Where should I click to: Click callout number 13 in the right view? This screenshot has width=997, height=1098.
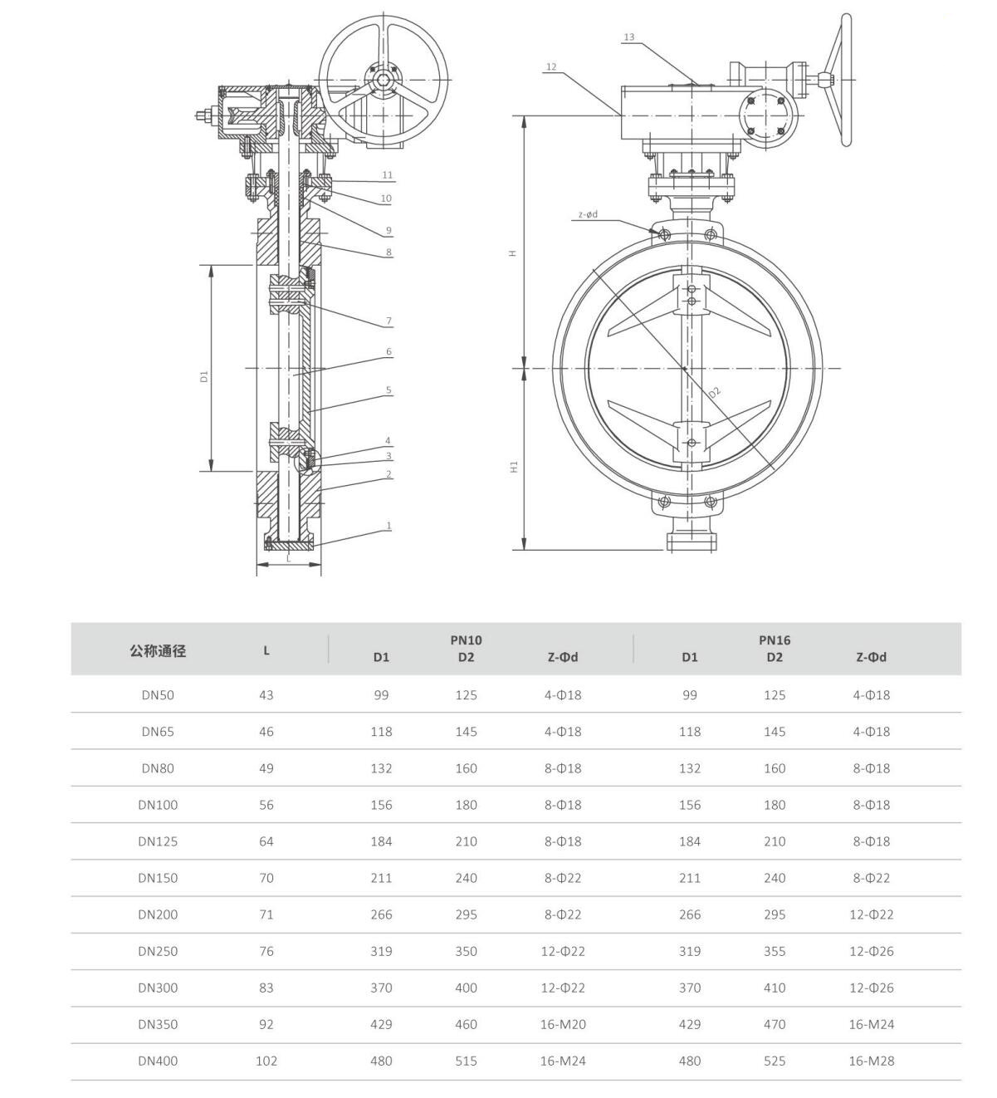click(x=628, y=37)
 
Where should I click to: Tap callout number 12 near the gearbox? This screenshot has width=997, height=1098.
click(x=551, y=66)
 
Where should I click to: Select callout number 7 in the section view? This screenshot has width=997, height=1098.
click(x=389, y=321)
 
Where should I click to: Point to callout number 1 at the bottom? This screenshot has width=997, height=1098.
click(x=389, y=526)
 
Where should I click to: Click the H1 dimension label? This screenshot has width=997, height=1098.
click(x=513, y=467)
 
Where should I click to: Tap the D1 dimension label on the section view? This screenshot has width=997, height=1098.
click(x=204, y=376)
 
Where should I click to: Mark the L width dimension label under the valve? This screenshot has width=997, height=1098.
click(x=288, y=559)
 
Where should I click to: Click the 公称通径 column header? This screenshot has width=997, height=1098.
click(x=158, y=651)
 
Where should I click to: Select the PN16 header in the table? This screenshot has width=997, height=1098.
click(x=775, y=640)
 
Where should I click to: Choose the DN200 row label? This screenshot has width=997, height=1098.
click(x=158, y=914)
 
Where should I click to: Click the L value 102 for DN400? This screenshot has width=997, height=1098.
click(x=266, y=1061)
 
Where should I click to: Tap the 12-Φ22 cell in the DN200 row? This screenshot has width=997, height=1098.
click(x=871, y=914)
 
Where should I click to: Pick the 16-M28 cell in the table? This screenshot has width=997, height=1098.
click(x=871, y=1061)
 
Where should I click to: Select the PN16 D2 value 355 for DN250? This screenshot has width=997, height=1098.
click(x=775, y=951)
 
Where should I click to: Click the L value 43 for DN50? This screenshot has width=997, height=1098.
click(x=266, y=694)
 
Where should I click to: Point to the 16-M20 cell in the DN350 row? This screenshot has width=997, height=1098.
click(x=563, y=1024)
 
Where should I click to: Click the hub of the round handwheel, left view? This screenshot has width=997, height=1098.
click(x=383, y=80)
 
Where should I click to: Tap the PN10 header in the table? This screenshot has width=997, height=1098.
click(x=467, y=640)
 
